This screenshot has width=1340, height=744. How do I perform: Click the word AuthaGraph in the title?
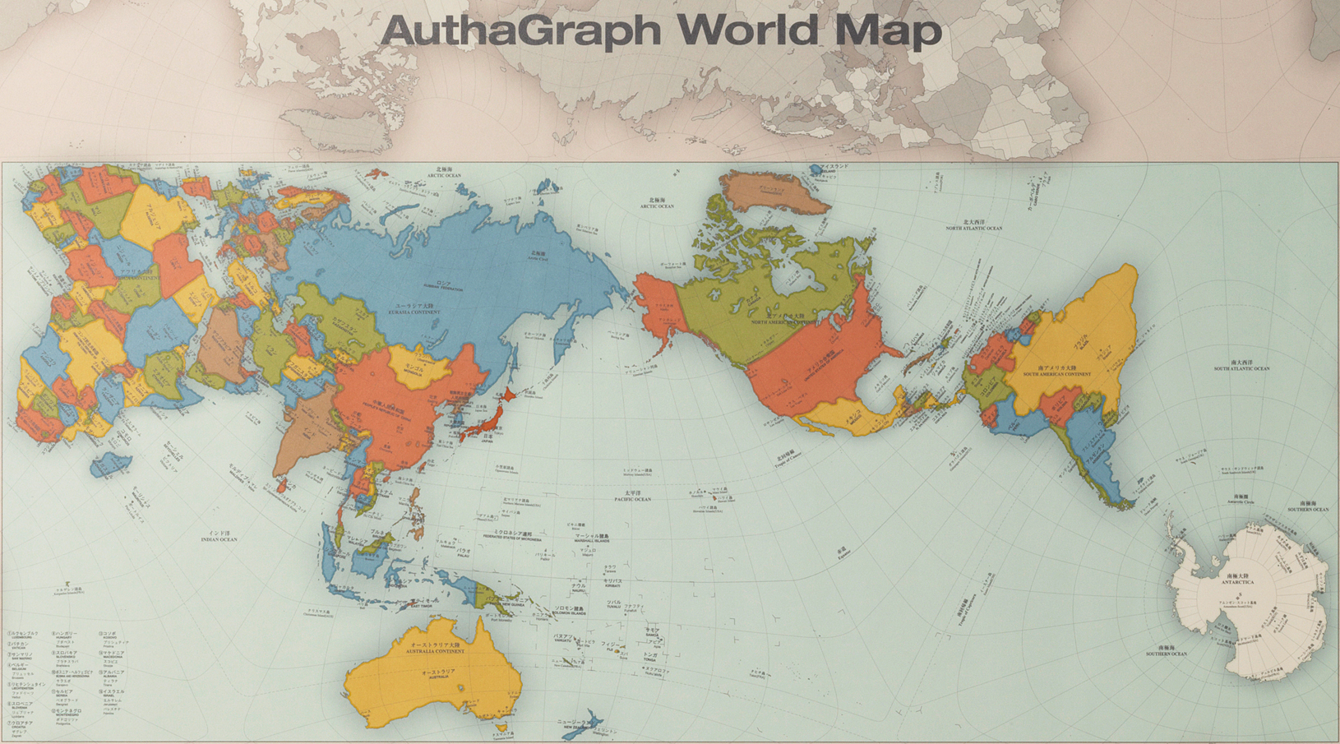(x=520, y=31)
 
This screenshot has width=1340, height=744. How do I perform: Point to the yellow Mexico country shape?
(x=847, y=414)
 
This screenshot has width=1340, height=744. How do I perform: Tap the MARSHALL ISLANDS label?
(x=592, y=538)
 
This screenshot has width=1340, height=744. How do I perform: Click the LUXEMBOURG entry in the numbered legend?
(x=24, y=635)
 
